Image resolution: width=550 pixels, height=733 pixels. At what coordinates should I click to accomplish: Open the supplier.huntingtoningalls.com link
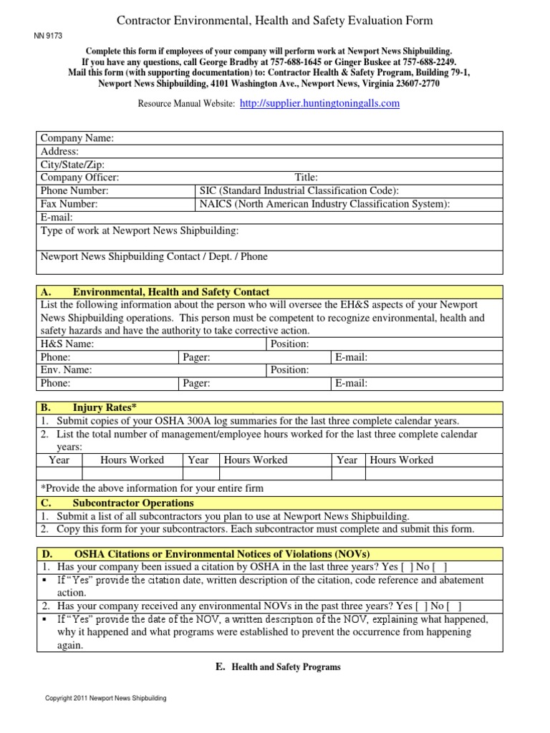pos(320,103)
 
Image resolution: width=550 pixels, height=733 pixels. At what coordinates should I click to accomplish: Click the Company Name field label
pos(77,138)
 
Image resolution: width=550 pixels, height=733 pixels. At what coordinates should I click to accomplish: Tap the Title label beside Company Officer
pos(307,178)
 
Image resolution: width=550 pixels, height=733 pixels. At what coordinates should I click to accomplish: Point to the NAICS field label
pos(324,204)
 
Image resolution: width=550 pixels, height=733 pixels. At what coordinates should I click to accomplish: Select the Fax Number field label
pos(69,204)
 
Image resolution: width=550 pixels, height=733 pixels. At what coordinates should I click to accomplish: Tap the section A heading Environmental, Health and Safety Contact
pos(171,292)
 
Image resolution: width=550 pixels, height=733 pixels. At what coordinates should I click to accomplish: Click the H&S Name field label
pos(67,344)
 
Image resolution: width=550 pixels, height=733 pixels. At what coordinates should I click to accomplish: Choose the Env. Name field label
pos(66,370)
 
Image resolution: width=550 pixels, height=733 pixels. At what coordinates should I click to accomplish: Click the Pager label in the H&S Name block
pos(196,356)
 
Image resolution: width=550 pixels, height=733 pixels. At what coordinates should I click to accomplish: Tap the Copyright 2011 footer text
pos(106,698)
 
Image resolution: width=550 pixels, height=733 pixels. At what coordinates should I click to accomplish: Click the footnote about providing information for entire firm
pos(152,488)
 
